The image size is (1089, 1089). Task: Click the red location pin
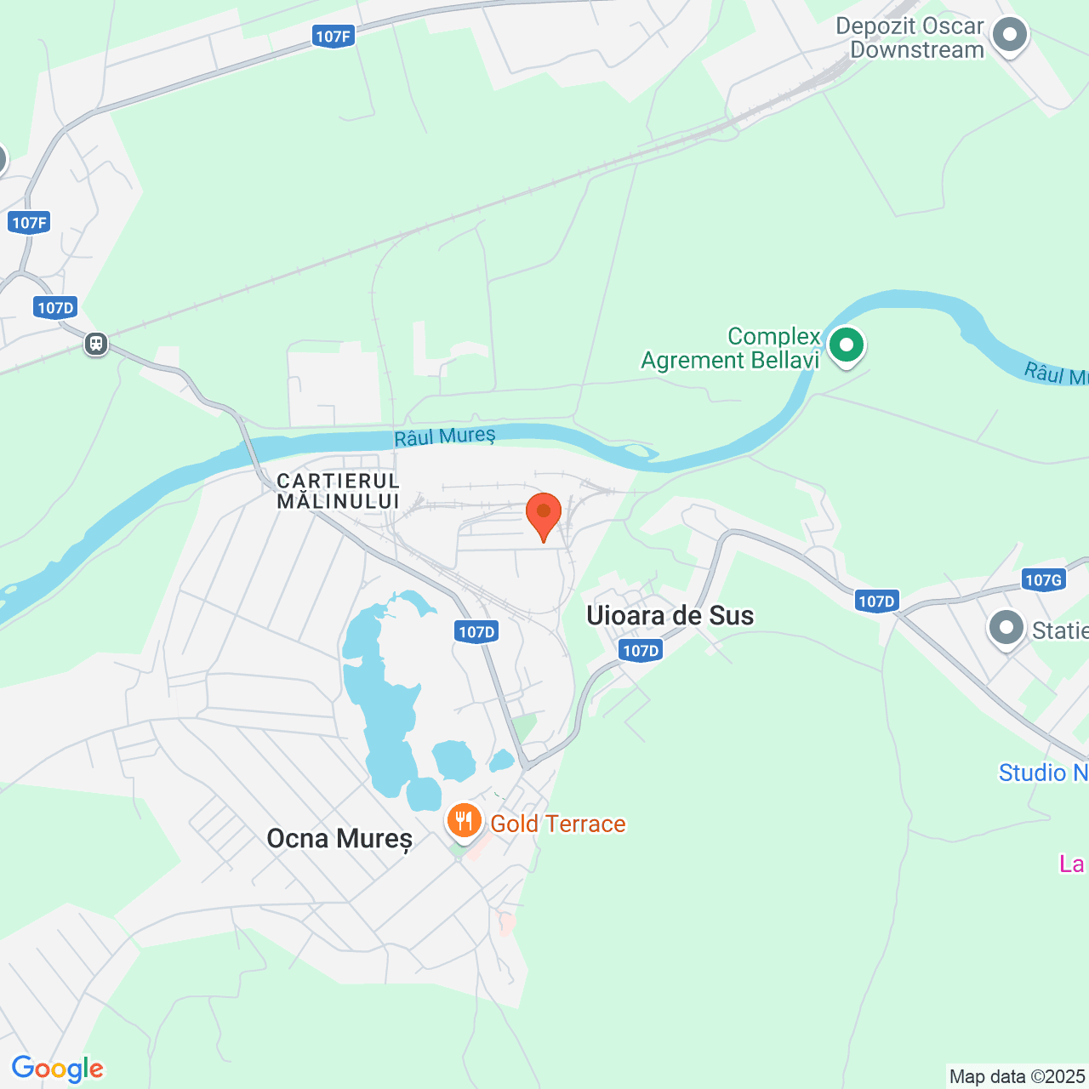(x=544, y=514)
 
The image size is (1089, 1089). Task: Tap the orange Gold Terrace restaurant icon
(x=463, y=821)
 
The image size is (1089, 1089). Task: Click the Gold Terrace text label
(x=558, y=824)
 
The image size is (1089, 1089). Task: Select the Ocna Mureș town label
(x=339, y=839)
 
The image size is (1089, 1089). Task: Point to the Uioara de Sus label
(x=670, y=615)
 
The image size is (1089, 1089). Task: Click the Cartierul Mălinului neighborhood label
(x=338, y=492)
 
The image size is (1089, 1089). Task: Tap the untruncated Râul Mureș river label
(x=445, y=436)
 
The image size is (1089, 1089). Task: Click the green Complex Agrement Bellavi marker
(x=847, y=345)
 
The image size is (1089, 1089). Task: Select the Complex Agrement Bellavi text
(x=731, y=349)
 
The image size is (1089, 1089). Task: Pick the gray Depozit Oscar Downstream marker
(x=1011, y=36)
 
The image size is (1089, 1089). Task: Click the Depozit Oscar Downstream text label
(x=909, y=38)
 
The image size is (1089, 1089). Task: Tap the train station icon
(x=96, y=344)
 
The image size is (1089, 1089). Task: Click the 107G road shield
(x=1043, y=580)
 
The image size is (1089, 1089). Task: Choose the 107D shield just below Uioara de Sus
(x=641, y=651)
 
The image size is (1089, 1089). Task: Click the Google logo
(x=58, y=1069)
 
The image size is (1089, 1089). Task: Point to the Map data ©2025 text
(x=1018, y=1076)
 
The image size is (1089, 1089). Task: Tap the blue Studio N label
(x=1043, y=773)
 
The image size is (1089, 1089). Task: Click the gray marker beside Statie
(x=1006, y=630)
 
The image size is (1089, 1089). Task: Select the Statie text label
(x=1060, y=630)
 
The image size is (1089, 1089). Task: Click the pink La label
(x=1072, y=864)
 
